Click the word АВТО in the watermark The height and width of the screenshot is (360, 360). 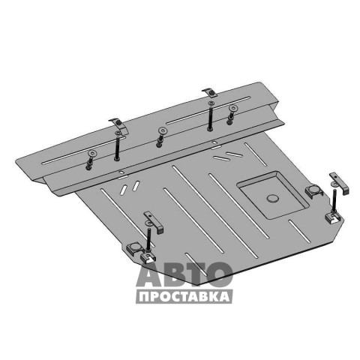coord(184,274)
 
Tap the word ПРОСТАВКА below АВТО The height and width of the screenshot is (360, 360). coord(184,297)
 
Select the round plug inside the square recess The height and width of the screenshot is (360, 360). coord(272,199)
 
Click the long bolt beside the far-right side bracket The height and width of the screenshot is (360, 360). coord(334,199)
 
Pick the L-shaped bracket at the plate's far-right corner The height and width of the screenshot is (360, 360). coord(339,184)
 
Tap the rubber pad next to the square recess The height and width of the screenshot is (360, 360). coord(314,191)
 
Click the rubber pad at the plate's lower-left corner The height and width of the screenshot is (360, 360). coord(135,248)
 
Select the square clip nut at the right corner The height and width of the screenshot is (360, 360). coord(333,217)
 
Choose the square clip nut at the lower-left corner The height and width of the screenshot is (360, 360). coord(148,257)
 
